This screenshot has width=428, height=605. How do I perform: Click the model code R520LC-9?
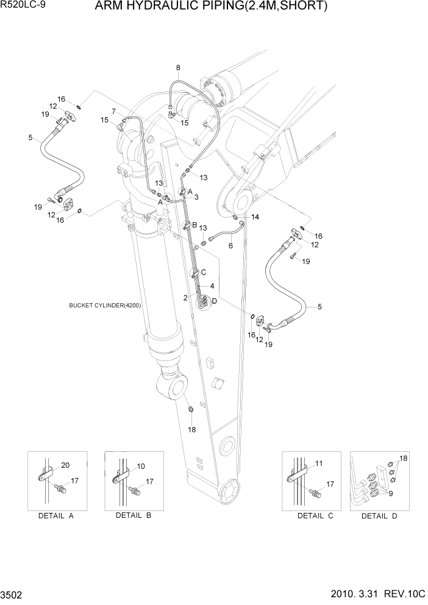[x=23, y=7]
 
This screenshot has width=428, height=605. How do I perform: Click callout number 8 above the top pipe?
[x=178, y=68]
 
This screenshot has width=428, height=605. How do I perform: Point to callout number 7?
[x=114, y=110]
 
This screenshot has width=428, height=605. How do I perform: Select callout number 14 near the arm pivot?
[x=255, y=217]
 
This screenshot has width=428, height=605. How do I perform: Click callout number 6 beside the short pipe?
[x=230, y=246]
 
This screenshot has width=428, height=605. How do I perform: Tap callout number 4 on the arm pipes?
[x=212, y=285]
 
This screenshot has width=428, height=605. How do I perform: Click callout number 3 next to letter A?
[x=196, y=197]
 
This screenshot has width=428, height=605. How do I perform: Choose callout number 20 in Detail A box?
[x=66, y=465]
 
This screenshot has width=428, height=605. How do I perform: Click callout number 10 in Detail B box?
[x=141, y=467]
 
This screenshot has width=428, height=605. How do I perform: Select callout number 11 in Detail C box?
[x=319, y=464]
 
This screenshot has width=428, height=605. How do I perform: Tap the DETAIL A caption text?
[x=55, y=516]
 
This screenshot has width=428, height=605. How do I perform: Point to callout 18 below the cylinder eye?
[x=192, y=429]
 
